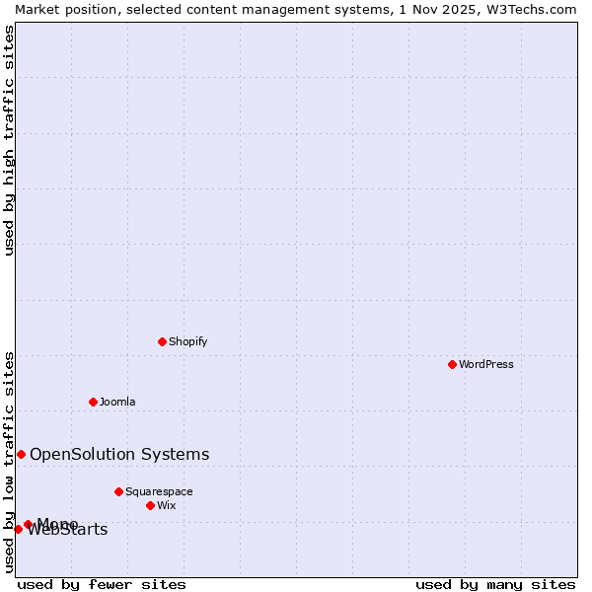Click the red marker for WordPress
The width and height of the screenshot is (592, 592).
click(452, 364)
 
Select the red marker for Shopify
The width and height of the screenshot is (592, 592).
click(162, 341)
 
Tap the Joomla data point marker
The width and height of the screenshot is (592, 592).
click(93, 402)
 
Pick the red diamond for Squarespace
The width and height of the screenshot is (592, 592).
click(118, 491)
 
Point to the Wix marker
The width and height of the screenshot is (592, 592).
click(150, 505)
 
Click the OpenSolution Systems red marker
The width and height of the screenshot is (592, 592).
click(21, 454)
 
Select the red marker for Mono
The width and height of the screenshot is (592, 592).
click(28, 524)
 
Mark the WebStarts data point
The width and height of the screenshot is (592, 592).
click(18, 530)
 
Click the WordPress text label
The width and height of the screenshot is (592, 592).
click(486, 364)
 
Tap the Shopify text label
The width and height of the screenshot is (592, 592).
click(187, 341)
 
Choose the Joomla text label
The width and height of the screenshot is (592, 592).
click(117, 402)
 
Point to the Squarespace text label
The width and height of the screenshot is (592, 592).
click(159, 491)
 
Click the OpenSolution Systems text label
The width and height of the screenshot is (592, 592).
click(119, 454)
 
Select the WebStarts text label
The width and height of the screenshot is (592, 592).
click(68, 531)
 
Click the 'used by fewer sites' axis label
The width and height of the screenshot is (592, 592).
click(102, 584)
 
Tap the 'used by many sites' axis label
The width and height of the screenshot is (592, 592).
click(495, 584)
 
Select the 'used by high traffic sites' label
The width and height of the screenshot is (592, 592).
click(9, 140)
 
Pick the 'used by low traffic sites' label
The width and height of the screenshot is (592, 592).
click(9, 461)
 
